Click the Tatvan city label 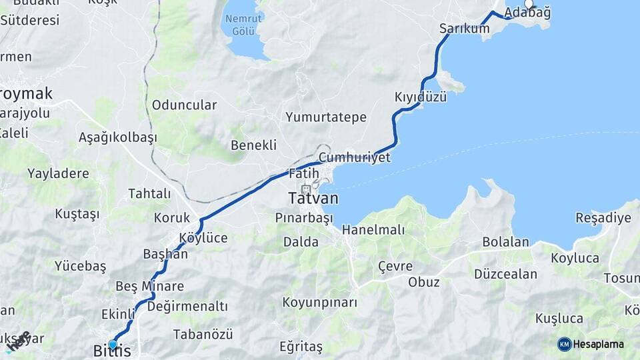(313, 199)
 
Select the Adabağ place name (527, 13)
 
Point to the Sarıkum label (464, 29)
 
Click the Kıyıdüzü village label (420, 97)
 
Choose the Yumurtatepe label (326, 117)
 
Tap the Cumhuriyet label (354, 157)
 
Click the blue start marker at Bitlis (113, 344)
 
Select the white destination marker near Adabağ (529, 3)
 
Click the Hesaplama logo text (598, 344)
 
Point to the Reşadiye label (603, 218)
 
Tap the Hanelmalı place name (373, 229)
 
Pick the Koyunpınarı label (319, 303)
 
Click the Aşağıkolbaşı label (117, 137)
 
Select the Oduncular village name (184, 105)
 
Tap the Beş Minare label (149, 286)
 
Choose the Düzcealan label (505, 273)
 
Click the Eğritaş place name (301, 347)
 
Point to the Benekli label (253, 145)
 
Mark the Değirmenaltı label (187, 306)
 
